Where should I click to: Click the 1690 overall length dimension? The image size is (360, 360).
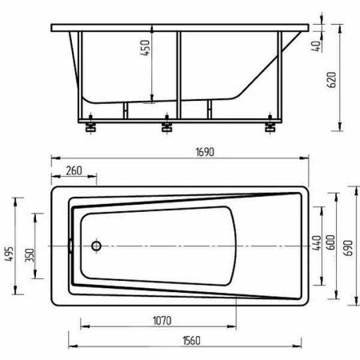pos(205,152)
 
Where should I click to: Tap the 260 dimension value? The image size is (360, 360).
pos(74,171)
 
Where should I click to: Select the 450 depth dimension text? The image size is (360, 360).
pos(146,48)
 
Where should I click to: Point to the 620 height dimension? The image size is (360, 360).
pos(331,80)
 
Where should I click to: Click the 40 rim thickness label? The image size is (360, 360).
pos(316,46)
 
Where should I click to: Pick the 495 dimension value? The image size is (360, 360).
pos(10,254)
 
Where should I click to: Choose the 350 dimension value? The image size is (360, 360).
pos(30,255)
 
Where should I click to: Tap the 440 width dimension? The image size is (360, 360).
pos(317,242)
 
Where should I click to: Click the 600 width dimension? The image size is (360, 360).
pos(330,242)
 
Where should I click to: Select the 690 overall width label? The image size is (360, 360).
pos(348,248)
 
